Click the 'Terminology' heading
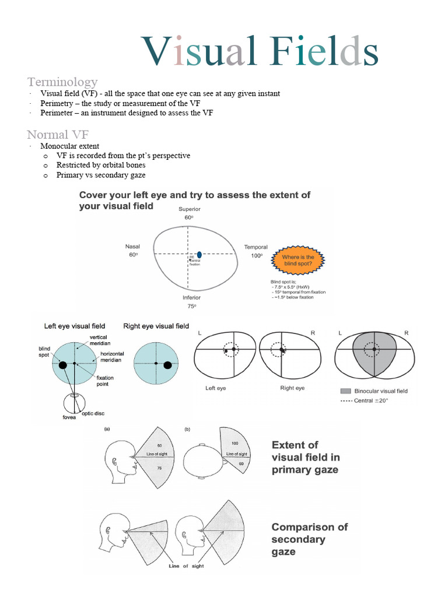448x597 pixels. pyautogui.click(x=62, y=82)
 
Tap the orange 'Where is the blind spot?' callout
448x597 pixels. pyautogui.click(x=297, y=260)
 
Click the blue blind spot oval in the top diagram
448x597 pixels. pyautogui.click(x=199, y=254)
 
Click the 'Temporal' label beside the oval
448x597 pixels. pyautogui.click(x=256, y=247)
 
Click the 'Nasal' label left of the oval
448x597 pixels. pyautogui.click(x=132, y=247)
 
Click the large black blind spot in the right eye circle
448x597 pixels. pyautogui.click(x=168, y=365)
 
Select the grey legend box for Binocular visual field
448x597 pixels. pyautogui.click(x=345, y=391)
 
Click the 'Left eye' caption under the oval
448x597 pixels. pyautogui.click(x=216, y=388)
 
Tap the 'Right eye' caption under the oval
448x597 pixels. pyautogui.click(x=292, y=388)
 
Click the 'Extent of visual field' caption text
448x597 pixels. pyautogui.click(x=305, y=456)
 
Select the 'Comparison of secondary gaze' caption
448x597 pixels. pyautogui.click(x=309, y=539)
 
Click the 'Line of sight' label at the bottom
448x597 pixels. pyautogui.click(x=185, y=566)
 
